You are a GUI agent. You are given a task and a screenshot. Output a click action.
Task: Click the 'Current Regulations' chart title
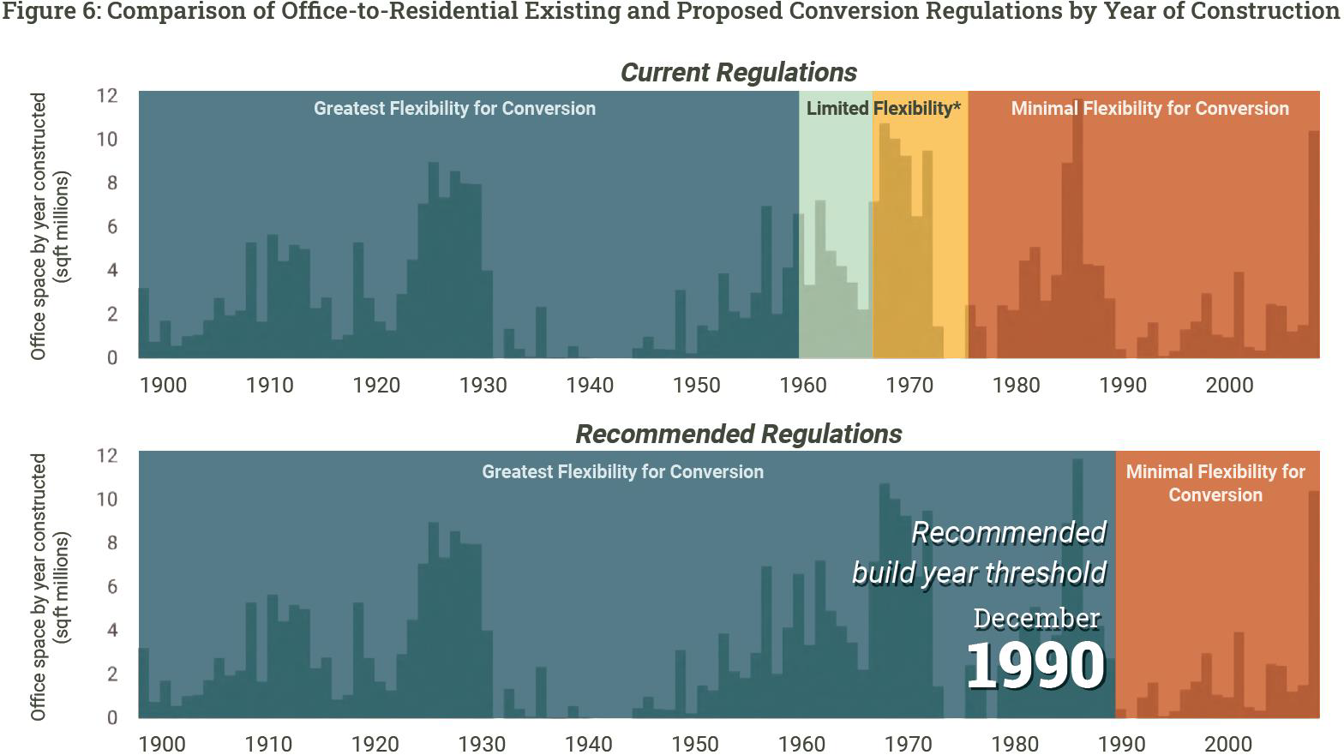738,72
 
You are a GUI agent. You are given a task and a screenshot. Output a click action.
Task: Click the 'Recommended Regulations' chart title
738,434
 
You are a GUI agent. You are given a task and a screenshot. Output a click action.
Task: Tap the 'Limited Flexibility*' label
883,108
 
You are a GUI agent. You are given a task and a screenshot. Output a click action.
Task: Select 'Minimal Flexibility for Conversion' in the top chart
1149,108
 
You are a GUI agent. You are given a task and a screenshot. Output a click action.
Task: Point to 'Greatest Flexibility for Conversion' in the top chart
454,108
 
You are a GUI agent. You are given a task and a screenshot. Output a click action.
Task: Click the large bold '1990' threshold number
1035,665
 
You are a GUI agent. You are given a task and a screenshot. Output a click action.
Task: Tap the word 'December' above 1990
1036,618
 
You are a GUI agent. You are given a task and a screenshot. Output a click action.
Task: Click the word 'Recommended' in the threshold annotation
1009,532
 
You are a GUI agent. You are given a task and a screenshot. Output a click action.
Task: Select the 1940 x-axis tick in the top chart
590,385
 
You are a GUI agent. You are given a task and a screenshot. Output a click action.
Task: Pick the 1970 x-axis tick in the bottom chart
909,744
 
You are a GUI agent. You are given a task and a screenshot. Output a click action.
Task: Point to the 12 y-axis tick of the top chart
106,95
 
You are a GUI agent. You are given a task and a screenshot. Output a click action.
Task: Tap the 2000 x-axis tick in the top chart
1229,385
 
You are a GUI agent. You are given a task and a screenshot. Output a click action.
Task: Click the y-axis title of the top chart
49,226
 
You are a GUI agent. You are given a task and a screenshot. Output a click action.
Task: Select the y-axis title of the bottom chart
49,587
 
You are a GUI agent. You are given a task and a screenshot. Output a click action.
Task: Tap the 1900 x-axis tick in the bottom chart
162,744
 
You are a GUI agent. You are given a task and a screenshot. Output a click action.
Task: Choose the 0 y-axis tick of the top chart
111,358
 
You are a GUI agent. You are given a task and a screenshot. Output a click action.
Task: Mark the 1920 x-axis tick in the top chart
376,385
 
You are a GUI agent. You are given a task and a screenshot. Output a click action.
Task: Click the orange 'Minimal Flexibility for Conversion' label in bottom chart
1215,482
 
